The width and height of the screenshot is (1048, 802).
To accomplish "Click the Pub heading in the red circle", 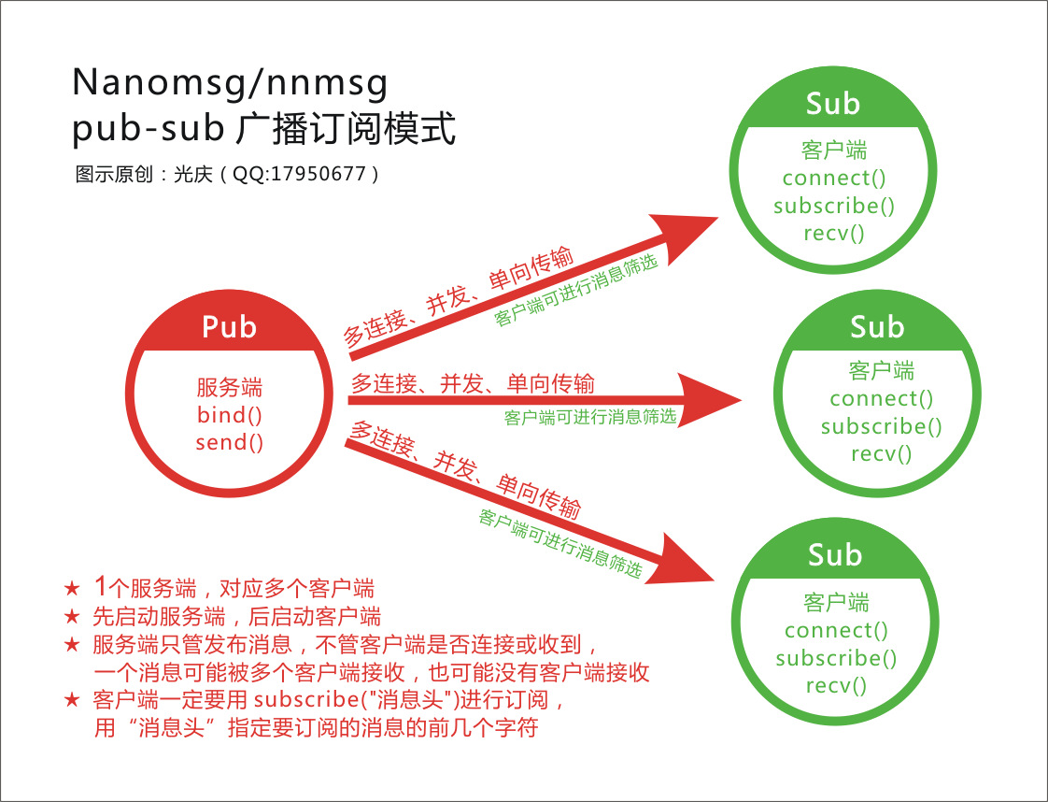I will click(229, 326).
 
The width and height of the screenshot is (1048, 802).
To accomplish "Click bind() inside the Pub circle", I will click(229, 414).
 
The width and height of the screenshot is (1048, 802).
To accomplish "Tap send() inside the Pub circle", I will click(229, 441).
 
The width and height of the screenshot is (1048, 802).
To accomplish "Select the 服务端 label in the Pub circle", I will click(229, 387).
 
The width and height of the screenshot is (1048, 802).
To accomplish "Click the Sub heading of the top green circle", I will click(832, 103).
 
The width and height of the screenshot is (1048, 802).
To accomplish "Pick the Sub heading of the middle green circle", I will click(877, 326).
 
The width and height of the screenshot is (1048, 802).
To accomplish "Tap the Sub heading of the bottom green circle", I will click(834, 554).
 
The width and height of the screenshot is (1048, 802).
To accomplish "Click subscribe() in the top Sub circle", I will click(834, 206).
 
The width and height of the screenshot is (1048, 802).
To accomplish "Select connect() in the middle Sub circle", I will click(881, 399).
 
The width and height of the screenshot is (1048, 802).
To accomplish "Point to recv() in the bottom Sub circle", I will click(836, 685).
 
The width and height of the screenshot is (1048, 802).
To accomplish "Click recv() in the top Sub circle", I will click(834, 233).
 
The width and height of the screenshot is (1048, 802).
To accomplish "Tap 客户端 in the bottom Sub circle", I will click(836, 602).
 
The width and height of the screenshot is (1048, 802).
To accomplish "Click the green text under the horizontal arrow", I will click(589, 417).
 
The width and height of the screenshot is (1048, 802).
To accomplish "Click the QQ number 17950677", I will click(318, 174).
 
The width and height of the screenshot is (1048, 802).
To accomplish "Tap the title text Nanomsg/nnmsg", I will click(230, 84).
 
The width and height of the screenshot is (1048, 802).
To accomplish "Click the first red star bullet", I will click(72, 589).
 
